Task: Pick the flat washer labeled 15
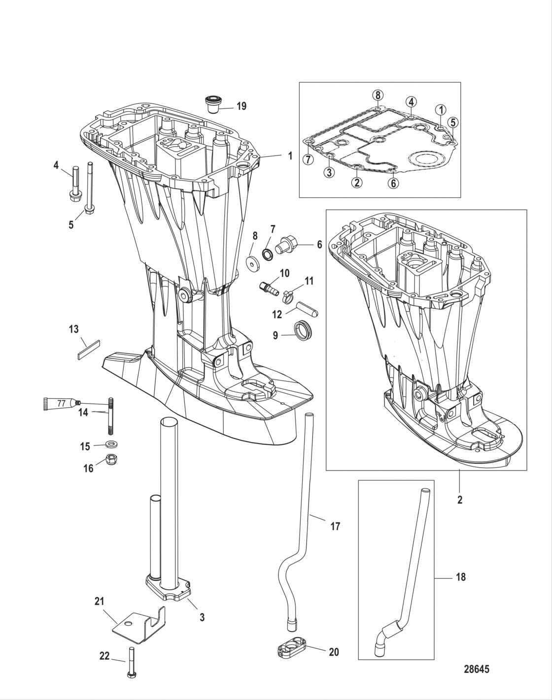[x=111, y=444]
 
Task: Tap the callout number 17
[x=335, y=527]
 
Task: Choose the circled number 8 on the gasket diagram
[x=377, y=95]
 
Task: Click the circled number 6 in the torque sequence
[x=393, y=183]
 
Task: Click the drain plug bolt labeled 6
[x=287, y=244]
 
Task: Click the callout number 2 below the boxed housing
[x=460, y=500]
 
